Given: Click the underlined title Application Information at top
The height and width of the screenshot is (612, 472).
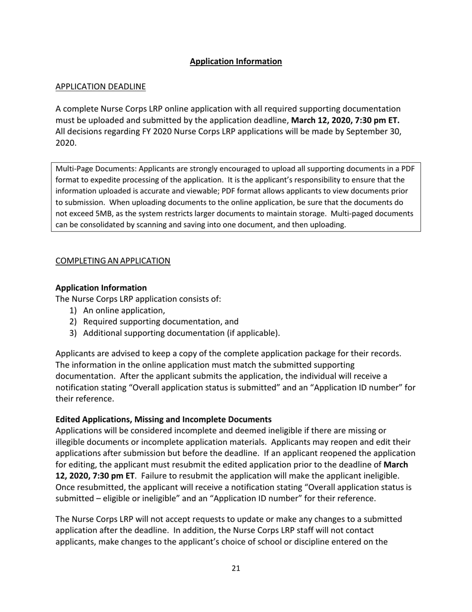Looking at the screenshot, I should click(x=236, y=61).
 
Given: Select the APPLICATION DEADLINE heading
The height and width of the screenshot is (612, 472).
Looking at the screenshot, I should click(x=100, y=87).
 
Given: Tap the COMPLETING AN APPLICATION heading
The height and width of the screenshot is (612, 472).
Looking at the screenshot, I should click(x=113, y=261).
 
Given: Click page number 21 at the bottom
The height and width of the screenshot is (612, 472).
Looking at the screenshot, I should click(x=236, y=568).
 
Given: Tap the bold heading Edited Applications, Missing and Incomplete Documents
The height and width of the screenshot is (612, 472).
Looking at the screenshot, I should click(x=163, y=419).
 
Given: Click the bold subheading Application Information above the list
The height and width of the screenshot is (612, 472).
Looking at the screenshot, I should click(x=101, y=288).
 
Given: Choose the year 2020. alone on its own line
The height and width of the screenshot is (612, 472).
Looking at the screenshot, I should click(x=66, y=143).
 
